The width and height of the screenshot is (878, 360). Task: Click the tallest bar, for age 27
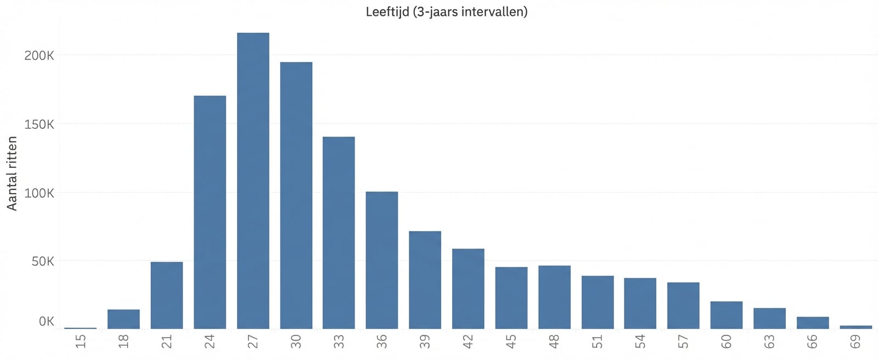coord(253,181)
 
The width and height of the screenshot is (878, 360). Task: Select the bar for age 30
coord(296,195)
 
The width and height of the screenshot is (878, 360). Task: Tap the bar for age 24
coord(210,212)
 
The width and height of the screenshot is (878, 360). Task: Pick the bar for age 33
coord(339,233)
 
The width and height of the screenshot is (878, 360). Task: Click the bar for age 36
coord(382,260)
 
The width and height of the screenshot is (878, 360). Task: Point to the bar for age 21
coord(167,295)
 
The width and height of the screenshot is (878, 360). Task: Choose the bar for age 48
coord(554,297)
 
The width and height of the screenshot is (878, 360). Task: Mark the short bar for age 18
coord(123,319)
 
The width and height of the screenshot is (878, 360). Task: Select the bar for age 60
coord(727,315)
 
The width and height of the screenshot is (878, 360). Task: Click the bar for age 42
coord(468,289)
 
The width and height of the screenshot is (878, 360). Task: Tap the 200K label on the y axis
coord(39,55)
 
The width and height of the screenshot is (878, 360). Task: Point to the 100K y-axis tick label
coord(39,193)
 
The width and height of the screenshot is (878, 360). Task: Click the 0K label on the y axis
coord(46,322)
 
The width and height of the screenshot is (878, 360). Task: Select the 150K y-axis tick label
coord(39,125)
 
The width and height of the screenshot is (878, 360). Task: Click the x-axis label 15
coord(81,341)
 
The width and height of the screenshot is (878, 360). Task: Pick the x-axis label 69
coord(856,341)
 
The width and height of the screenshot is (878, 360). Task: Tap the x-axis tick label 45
coord(511,341)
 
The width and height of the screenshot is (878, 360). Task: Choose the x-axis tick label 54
coord(640,341)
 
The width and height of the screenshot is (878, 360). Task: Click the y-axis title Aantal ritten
coord(12,173)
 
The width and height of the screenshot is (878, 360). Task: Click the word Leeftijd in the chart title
coord(387,12)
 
